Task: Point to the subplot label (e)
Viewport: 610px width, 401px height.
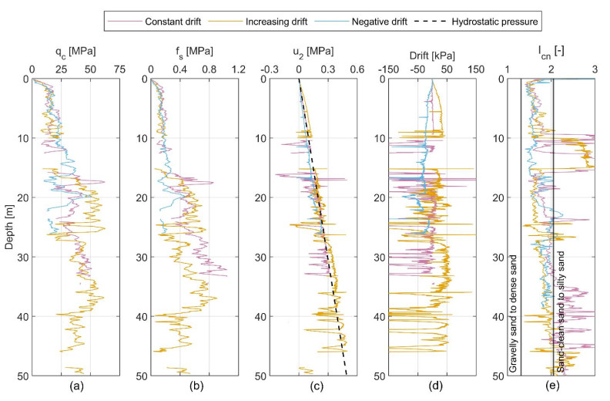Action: click(551, 390)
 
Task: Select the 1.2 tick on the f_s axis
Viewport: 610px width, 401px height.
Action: click(238, 69)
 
